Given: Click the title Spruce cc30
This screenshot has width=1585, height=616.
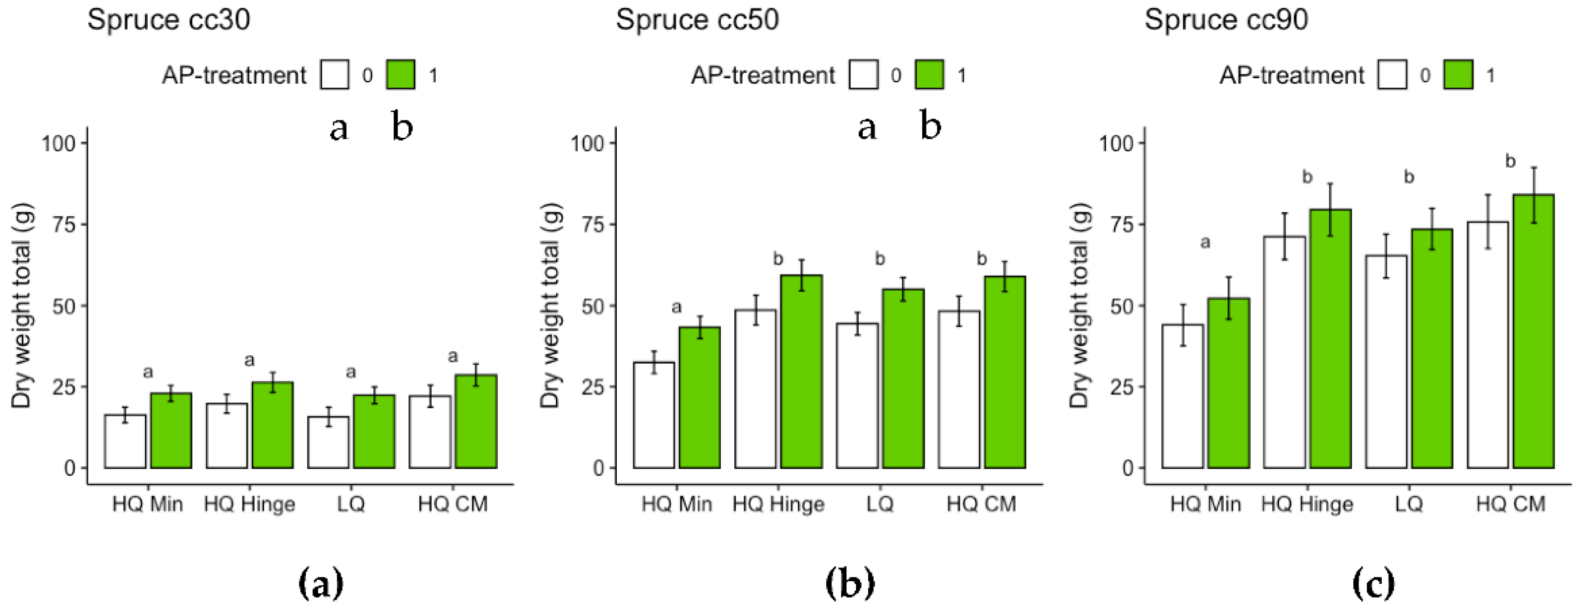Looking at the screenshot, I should (169, 20).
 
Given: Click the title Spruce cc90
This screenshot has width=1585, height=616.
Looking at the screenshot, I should (1226, 20).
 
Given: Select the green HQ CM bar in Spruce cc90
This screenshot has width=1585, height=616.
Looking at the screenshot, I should (1533, 332).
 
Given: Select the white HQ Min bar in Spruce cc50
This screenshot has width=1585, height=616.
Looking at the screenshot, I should (653, 416).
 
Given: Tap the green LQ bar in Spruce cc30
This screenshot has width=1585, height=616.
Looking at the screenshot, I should (373, 432).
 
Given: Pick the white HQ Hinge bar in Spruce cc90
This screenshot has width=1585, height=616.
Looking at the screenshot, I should (1284, 352).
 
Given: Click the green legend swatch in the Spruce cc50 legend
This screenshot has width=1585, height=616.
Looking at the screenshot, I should (929, 75).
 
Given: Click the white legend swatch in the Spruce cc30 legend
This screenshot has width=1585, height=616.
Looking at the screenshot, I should (334, 75).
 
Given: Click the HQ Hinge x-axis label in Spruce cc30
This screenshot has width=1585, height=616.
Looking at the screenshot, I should (249, 504).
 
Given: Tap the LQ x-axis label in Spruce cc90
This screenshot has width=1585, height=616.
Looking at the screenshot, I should (1409, 504).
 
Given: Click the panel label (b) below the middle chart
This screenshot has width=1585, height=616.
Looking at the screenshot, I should (849, 584).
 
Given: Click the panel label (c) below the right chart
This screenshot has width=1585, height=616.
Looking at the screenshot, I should (1373, 584).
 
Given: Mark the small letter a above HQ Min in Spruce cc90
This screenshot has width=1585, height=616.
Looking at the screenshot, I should (1205, 243).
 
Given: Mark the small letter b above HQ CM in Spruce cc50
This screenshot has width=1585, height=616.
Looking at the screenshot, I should (982, 259).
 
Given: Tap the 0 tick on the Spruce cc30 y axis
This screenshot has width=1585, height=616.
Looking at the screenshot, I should (69, 468).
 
